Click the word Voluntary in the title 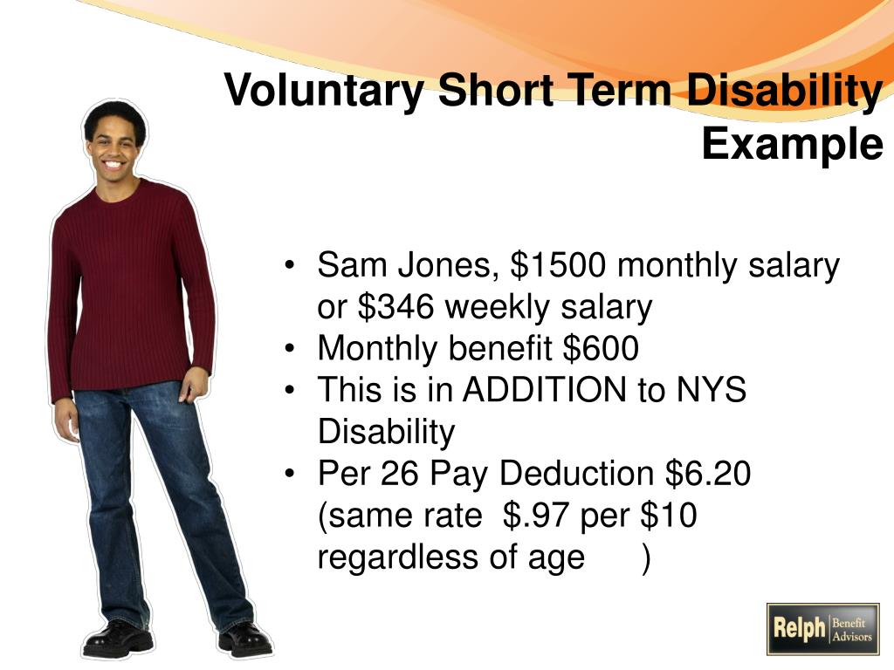pos(324,91)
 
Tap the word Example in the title pos(793,144)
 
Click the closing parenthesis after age pos(645,558)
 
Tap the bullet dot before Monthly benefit pos(290,349)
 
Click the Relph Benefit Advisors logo pos(822,629)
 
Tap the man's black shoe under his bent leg pos(118,639)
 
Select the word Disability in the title pos(785,91)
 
